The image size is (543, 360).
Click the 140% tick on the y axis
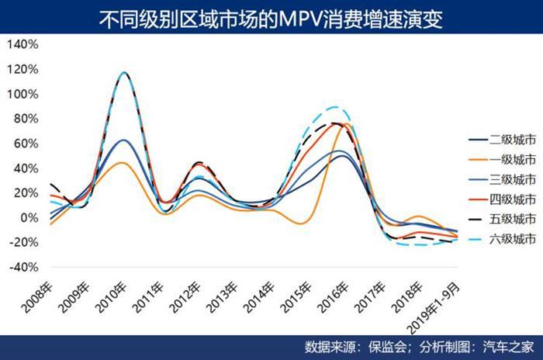[22, 44]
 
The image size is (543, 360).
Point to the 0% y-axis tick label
[28, 217]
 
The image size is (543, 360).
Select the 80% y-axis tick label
[25, 118]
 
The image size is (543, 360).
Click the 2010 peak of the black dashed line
[124, 73]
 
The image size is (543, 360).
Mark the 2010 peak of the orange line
[123, 163]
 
